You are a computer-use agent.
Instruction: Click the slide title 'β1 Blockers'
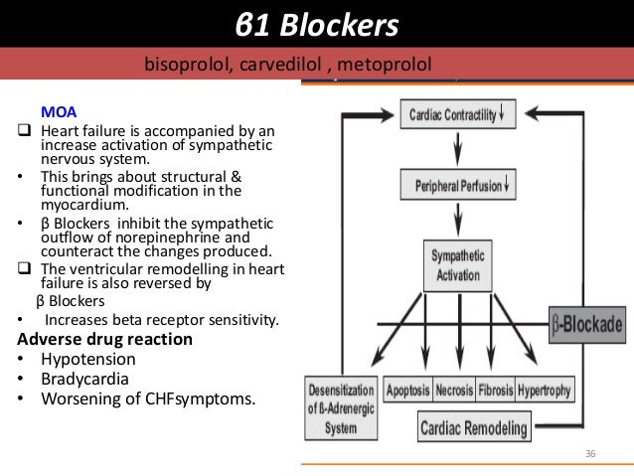(317, 24)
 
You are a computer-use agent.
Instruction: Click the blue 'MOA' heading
(56, 111)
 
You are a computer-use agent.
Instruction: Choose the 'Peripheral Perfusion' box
(457, 184)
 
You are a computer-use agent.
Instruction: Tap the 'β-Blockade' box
(587, 324)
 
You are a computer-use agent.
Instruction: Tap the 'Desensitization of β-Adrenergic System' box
(341, 410)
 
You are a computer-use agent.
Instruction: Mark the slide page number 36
(590, 453)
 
